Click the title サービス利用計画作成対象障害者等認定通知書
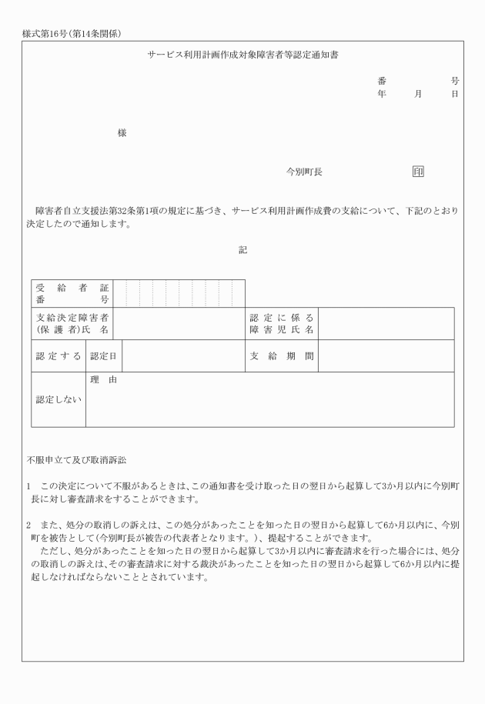(x=242, y=56)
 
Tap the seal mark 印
(x=417, y=172)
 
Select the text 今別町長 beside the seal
(x=304, y=172)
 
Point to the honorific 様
(x=122, y=133)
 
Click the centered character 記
(x=242, y=249)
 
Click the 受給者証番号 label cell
(x=72, y=293)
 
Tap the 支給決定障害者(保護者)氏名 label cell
(x=72, y=323)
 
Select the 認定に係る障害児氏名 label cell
(x=282, y=323)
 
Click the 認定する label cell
(x=58, y=355)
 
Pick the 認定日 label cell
(x=103, y=355)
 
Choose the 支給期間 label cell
(x=282, y=355)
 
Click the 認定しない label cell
(x=58, y=399)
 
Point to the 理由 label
(x=106, y=380)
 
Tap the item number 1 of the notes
(x=28, y=486)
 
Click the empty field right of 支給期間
(x=386, y=355)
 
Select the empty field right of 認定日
(x=183, y=355)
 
